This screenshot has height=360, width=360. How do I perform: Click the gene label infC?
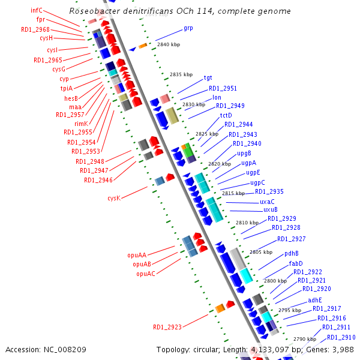(37, 10)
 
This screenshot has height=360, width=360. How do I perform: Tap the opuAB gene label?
(142, 264)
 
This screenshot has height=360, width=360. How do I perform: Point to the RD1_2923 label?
(167, 327)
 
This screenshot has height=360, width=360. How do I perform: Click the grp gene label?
(188, 28)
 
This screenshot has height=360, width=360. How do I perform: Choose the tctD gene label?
(226, 115)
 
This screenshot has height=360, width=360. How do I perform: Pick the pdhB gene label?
(292, 253)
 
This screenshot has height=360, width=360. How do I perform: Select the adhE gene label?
(315, 300)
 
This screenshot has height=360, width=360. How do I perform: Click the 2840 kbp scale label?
(168, 44)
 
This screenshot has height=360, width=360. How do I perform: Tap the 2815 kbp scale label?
(233, 193)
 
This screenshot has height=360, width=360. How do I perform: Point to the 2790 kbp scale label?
(304, 339)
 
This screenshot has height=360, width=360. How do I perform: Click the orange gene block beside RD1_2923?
(220, 308)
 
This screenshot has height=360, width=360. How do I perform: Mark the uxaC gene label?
(268, 202)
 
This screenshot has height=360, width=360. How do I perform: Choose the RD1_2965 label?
(48, 60)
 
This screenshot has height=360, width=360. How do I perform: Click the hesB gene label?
(71, 98)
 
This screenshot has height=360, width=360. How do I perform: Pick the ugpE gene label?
(253, 173)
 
